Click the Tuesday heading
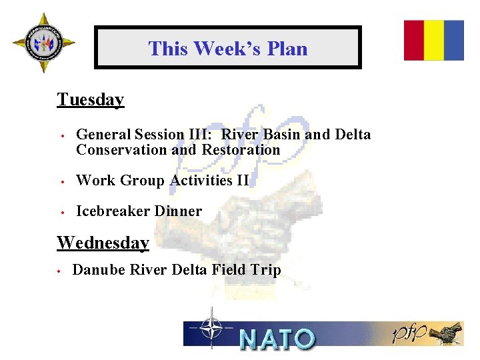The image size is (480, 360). coord(90,100)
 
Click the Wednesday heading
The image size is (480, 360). coord(103,243)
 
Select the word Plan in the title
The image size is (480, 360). coord(287,49)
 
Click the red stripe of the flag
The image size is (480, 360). coord(414,40)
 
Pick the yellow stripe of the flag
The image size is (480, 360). coord(434,40)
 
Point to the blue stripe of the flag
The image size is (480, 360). coord(454,40)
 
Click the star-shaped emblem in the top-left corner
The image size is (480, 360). coord(43,43)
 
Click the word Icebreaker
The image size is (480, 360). coord(113,211)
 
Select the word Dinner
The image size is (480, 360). coord(178,211)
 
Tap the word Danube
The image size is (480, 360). coord(99,270)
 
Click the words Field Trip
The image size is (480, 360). coord(246,270)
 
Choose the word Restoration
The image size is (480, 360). coord(241,150)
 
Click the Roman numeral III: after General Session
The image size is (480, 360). coord(202,135)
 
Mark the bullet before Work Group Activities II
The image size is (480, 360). coord(61,181)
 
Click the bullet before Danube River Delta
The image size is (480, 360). coord(59,271)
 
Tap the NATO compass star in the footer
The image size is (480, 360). coord(211,328)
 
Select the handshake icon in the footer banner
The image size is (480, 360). coord(447,333)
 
